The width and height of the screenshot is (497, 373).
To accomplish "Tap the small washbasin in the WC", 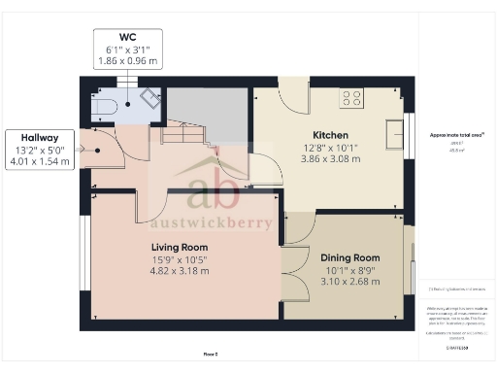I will [149, 98].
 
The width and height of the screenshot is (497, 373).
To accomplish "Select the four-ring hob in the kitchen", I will [350, 98].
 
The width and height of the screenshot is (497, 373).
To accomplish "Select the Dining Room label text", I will [349, 257].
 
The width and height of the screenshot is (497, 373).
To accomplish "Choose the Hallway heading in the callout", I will [37, 138].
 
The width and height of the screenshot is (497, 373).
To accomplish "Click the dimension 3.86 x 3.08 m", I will [330, 158].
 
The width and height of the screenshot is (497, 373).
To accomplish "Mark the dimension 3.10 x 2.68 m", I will [349, 281].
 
